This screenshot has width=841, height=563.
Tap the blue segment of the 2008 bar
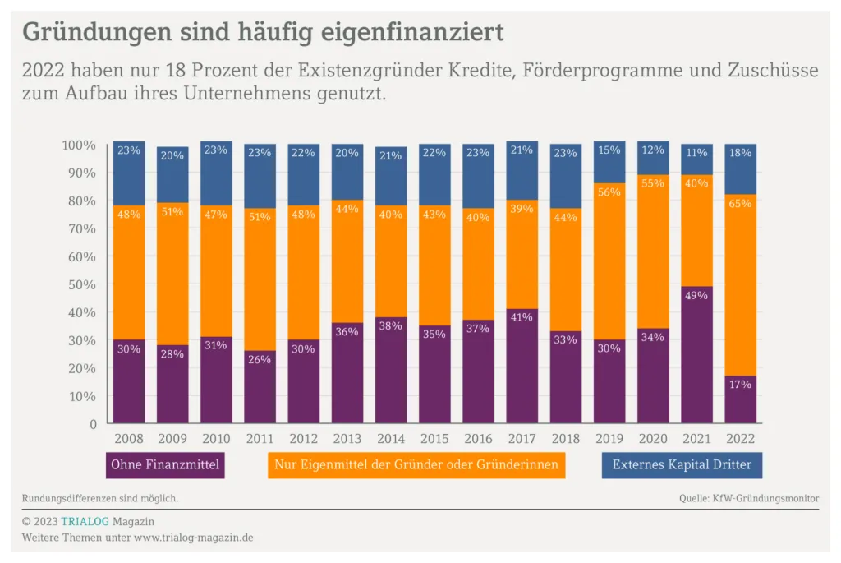[x=129, y=173]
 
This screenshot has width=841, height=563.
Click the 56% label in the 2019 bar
[x=609, y=192]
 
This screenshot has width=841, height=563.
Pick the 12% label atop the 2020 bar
[x=652, y=150]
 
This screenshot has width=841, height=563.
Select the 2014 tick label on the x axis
[x=390, y=439]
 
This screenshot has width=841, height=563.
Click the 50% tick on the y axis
[x=80, y=284]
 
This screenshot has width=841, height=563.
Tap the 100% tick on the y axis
[x=78, y=145]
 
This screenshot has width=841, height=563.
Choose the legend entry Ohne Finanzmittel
[x=165, y=465]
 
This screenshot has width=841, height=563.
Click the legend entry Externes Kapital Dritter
[x=682, y=465]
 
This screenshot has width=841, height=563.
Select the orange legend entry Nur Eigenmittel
[x=416, y=465]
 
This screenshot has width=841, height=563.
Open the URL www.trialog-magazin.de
[x=193, y=538]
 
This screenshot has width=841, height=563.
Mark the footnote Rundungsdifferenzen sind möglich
[x=100, y=498]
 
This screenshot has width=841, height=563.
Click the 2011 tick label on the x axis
[x=260, y=439]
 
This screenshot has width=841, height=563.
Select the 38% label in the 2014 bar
[x=390, y=325]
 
